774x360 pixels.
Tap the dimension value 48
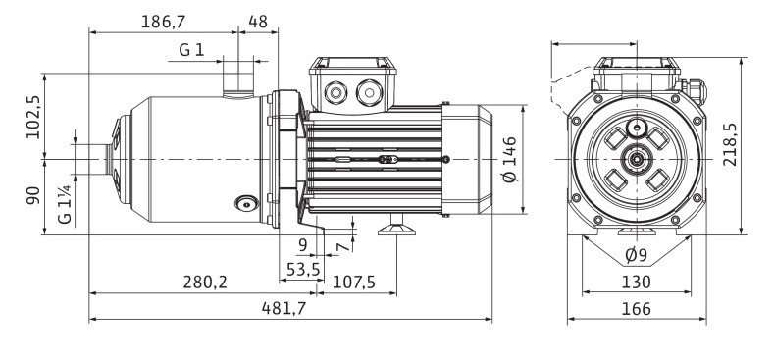click(258, 21)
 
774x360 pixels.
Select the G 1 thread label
click(191, 50)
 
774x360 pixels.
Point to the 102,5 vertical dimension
click(34, 116)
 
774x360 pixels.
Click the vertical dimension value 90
click(34, 196)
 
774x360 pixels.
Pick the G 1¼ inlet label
click(66, 202)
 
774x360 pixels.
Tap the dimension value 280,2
click(206, 283)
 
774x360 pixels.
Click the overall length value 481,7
click(291, 308)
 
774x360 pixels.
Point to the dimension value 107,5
click(356, 283)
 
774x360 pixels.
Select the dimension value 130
click(637, 283)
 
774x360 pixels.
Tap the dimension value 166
click(637, 308)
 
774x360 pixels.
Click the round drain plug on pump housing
click(243, 204)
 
